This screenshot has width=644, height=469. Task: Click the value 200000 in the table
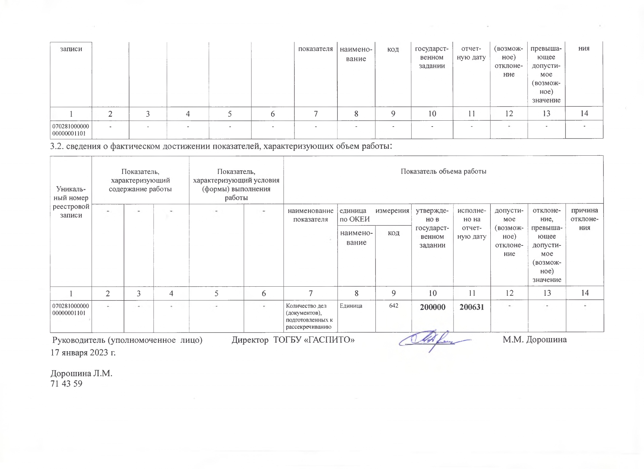(x=432, y=307)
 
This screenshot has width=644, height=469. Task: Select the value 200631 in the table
(x=472, y=307)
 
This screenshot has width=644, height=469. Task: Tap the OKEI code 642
(x=393, y=306)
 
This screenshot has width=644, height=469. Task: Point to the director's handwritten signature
(x=434, y=341)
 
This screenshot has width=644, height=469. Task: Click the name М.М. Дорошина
(x=535, y=340)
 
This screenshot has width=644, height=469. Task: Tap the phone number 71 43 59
(x=66, y=384)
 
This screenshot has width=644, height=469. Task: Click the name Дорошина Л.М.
(x=81, y=374)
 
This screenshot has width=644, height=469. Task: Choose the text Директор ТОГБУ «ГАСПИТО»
(x=293, y=340)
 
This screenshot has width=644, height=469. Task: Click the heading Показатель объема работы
(x=443, y=171)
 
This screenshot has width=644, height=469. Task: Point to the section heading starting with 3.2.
(x=221, y=147)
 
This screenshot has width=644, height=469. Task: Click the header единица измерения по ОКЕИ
(x=374, y=215)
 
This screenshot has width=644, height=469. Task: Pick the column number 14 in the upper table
(x=584, y=113)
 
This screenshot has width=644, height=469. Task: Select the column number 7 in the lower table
(x=310, y=293)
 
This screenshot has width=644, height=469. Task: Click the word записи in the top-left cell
(x=71, y=49)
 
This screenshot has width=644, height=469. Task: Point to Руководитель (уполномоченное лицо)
(x=127, y=340)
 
